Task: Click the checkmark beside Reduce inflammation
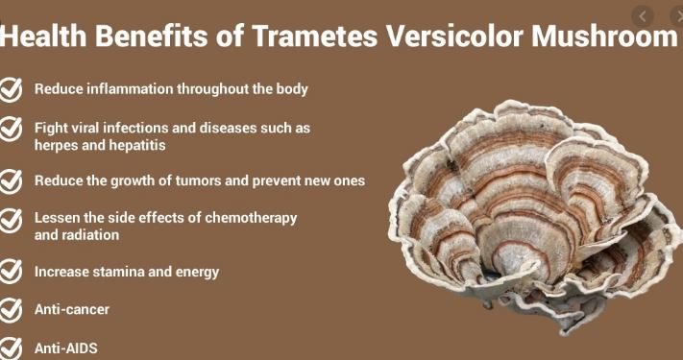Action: (x=12, y=90)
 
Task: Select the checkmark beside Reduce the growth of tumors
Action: (x=12, y=181)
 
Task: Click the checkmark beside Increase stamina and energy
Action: (x=12, y=272)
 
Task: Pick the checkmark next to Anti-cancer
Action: (x=12, y=310)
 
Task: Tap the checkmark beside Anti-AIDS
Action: (x=12, y=348)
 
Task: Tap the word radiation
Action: (x=90, y=234)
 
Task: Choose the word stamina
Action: (x=120, y=272)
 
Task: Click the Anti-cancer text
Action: (x=72, y=310)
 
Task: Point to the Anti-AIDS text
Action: (x=66, y=348)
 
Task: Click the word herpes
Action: (x=57, y=145)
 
